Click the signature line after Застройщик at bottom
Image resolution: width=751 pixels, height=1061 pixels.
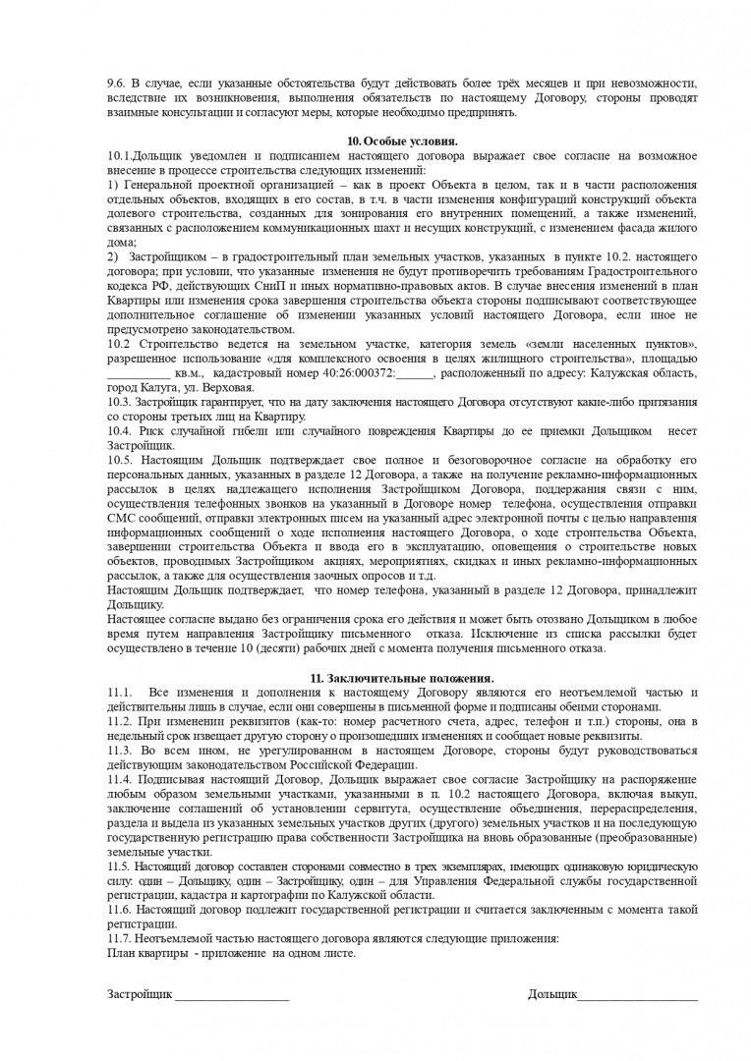(232, 995)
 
